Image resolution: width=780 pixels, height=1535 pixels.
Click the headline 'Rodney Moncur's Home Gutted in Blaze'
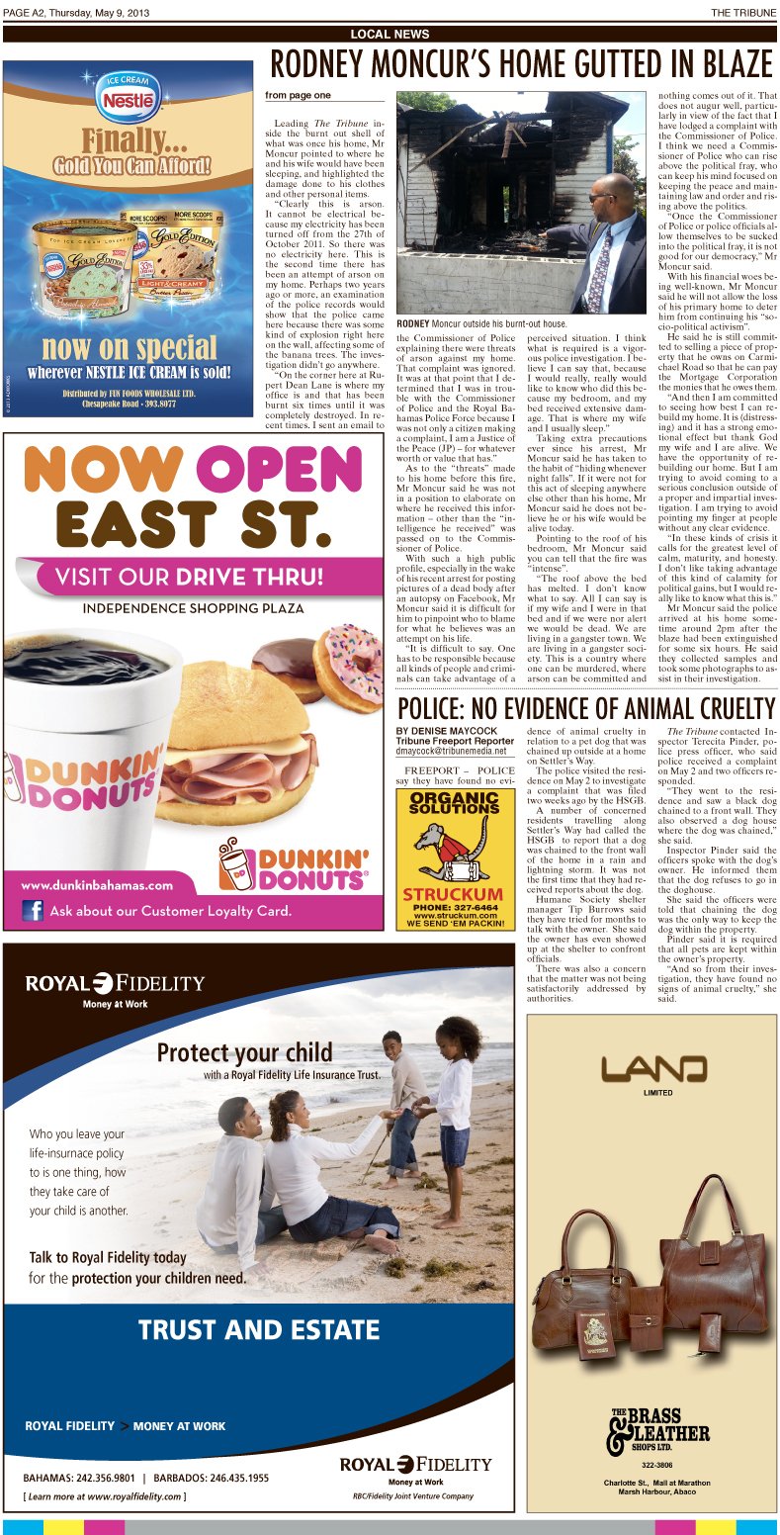(x=521, y=65)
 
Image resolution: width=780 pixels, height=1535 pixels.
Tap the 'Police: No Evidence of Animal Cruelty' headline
(x=585, y=708)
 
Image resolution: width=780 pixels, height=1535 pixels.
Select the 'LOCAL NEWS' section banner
(x=390, y=35)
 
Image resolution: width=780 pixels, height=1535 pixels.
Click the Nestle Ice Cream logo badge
(x=127, y=100)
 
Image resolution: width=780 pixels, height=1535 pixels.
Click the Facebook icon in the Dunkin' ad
(x=34, y=910)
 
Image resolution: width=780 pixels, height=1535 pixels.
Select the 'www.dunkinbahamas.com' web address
(x=96, y=885)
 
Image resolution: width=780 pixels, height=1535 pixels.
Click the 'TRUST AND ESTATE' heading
(x=258, y=1329)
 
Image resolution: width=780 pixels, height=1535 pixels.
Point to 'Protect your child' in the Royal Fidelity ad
(x=244, y=1051)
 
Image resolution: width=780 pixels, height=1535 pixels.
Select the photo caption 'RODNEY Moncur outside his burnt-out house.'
(x=481, y=323)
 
